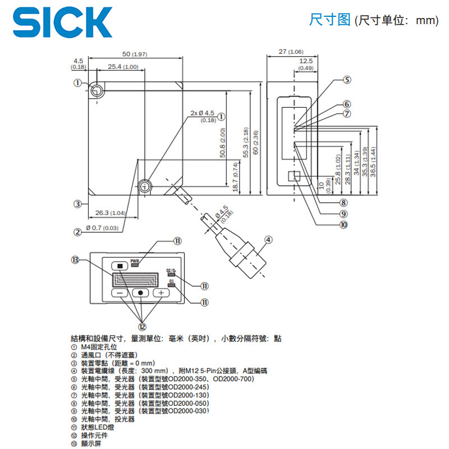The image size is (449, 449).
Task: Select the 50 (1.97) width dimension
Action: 134,54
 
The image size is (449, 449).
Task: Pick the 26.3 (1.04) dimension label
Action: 109,213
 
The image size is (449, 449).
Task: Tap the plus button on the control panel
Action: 161,292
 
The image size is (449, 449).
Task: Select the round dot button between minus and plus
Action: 141,292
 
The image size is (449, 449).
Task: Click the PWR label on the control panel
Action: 135,261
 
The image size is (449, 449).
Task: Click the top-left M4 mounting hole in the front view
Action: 97,91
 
